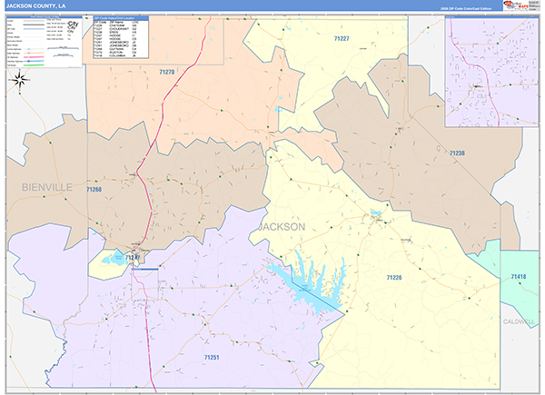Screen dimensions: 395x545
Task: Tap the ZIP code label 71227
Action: click(x=342, y=39)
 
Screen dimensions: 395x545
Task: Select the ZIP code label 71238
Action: click(x=457, y=154)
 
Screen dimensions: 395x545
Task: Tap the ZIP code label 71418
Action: click(x=518, y=276)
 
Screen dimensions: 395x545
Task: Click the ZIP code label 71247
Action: click(x=133, y=258)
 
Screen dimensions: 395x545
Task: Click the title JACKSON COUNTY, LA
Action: click(x=36, y=5)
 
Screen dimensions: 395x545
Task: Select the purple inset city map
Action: click(x=493, y=72)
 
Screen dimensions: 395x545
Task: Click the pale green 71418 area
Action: click(x=512, y=263)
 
